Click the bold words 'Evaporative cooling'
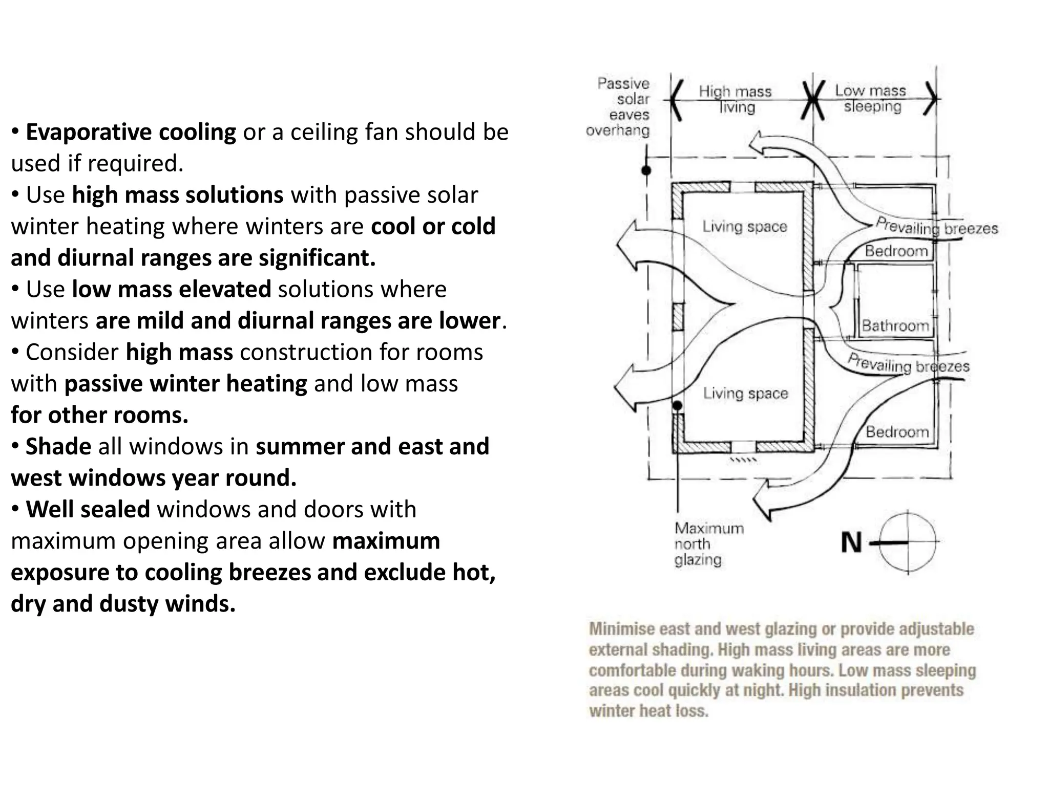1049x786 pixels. pos(131,132)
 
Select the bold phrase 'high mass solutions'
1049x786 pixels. pos(178,195)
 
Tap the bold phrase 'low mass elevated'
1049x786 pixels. pos(172,289)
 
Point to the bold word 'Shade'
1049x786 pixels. pos(58,446)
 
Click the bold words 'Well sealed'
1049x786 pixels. pos(88,509)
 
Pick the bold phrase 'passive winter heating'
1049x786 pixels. pos(185,384)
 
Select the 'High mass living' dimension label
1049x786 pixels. pos(735,99)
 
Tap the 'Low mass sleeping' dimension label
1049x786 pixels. pos(871,98)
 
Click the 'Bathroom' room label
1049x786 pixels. pos(895,325)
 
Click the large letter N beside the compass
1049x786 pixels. pos(851,542)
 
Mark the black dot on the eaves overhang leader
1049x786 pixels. pos(646,170)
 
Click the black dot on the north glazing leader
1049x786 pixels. pos(677,406)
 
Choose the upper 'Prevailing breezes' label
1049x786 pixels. pos(936,227)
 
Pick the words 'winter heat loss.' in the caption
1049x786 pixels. pos(648,711)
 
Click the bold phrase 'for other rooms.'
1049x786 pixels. pos(100,415)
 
